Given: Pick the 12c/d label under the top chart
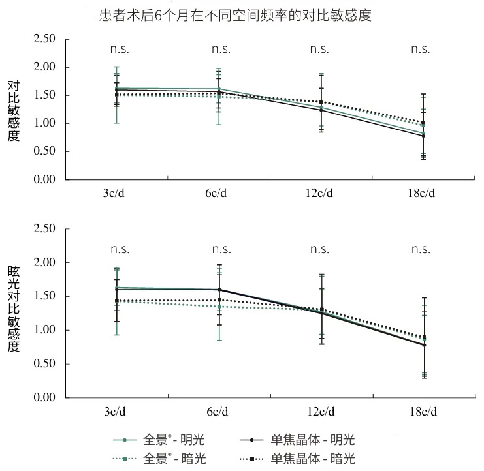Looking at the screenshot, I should (x=320, y=193).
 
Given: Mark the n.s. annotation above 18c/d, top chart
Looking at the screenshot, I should (x=420, y=49).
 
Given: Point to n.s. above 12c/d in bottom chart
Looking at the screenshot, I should (x=319, y=249).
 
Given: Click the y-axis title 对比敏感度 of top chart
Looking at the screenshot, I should (x=14, y=111).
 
